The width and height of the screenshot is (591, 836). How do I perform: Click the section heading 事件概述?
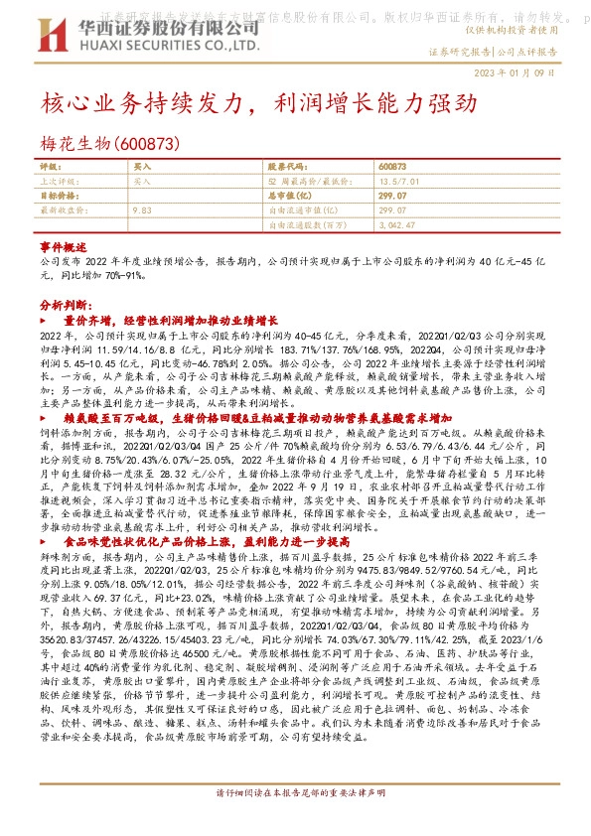coord(58,243)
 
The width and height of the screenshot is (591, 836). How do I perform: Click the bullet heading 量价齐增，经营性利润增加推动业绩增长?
coord(170,322)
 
